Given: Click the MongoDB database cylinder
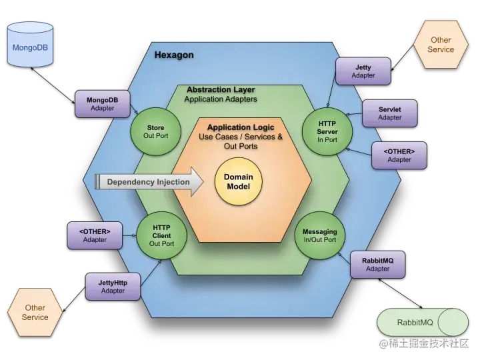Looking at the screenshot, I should coord(30,45).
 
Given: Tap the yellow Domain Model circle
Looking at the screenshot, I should coord(238,181).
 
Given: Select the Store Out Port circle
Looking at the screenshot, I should coord(155,131).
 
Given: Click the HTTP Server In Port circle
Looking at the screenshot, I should coord(327,131).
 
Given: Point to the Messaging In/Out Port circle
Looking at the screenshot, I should coord(320,235).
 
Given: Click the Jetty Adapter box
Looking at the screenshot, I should coord(363,71).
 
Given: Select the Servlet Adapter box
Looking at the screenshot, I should coord(389,113).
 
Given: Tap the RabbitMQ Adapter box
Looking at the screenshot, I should coord(377,264).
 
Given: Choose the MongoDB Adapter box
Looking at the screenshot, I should coord(103,104).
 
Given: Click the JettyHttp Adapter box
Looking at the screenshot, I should coord(113,286).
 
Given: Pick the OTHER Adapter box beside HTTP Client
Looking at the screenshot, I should coord(95,235).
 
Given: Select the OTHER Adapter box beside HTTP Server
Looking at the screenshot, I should coord(399,155).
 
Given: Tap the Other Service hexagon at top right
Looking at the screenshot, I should coord(441,45).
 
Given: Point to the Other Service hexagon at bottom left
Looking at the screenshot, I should coord(35,312).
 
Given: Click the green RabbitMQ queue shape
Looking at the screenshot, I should coord(423,323).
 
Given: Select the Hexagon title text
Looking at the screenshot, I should coord(174,55).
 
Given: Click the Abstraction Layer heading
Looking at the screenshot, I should coord(220,89).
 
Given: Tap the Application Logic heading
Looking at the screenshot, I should coord(240,127).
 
